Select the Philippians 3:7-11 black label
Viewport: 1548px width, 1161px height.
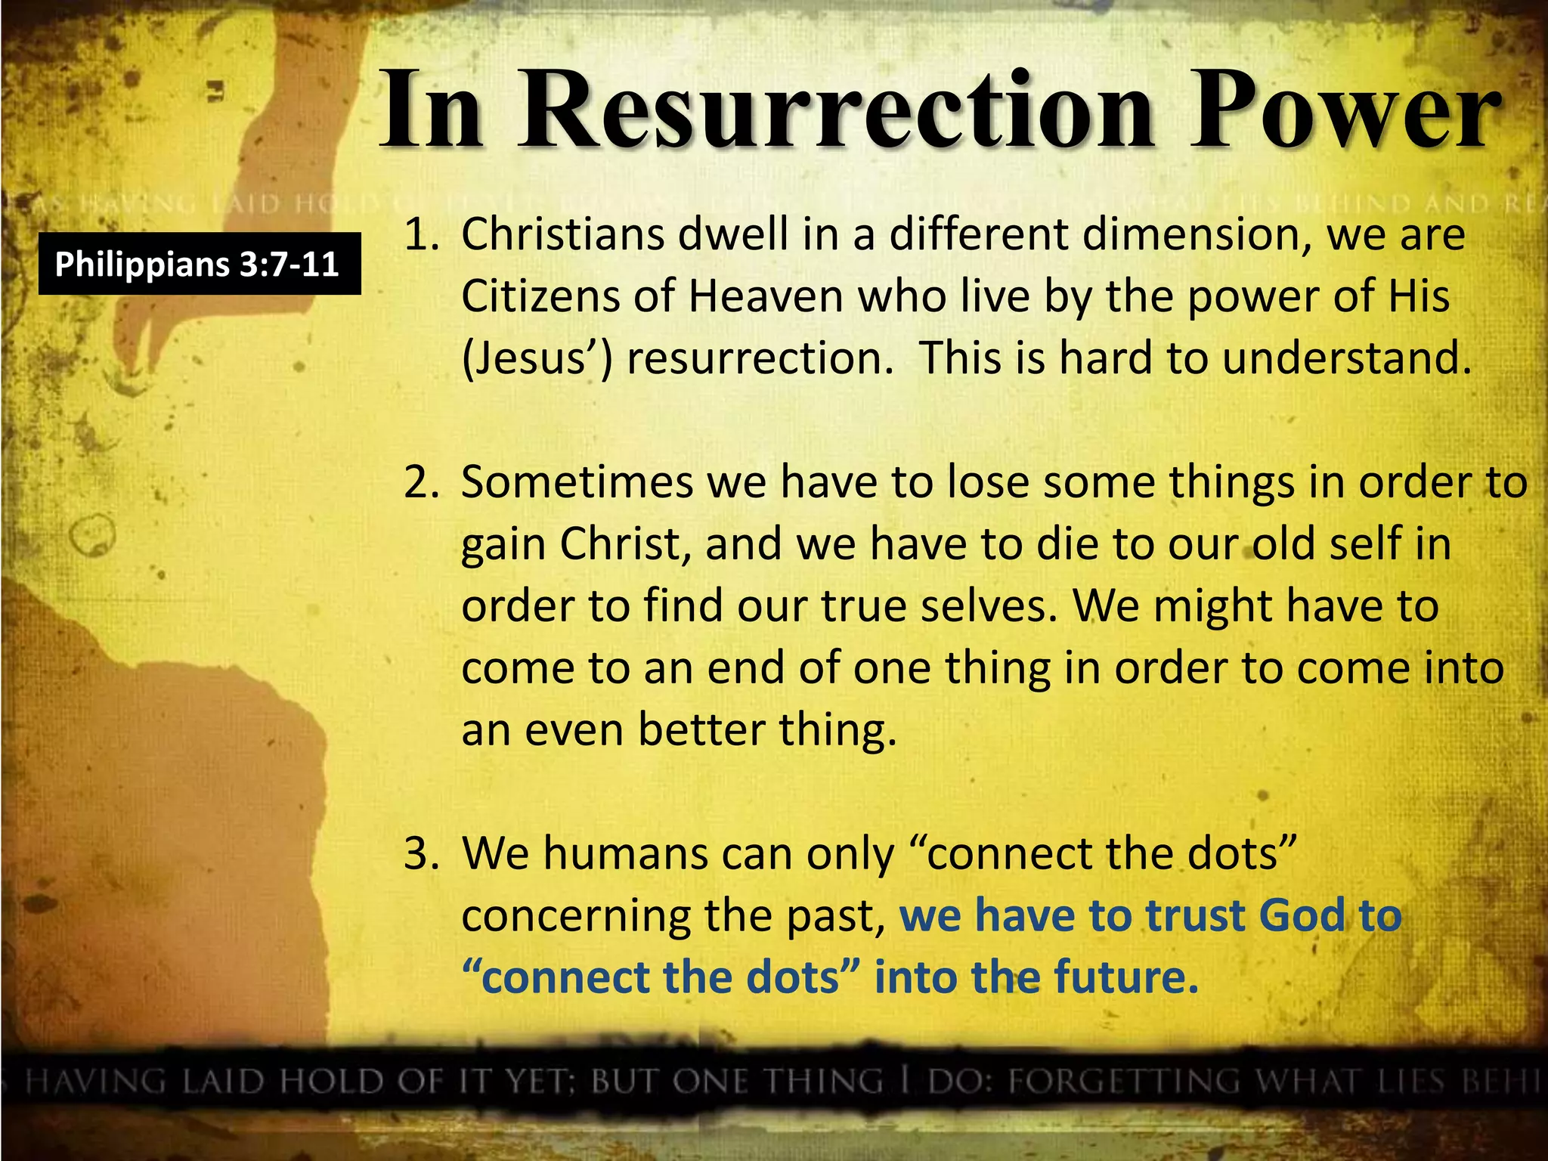(199, 264)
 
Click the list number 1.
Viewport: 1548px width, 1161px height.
(422, 235)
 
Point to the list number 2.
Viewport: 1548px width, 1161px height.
(421, 483)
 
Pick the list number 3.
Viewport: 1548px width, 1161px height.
(421, 854)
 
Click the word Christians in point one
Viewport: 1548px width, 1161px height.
(563, 235)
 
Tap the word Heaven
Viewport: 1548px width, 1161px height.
(765, 296)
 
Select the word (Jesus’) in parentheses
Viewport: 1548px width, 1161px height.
(537, 358)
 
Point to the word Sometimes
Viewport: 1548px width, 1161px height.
(577, 483)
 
